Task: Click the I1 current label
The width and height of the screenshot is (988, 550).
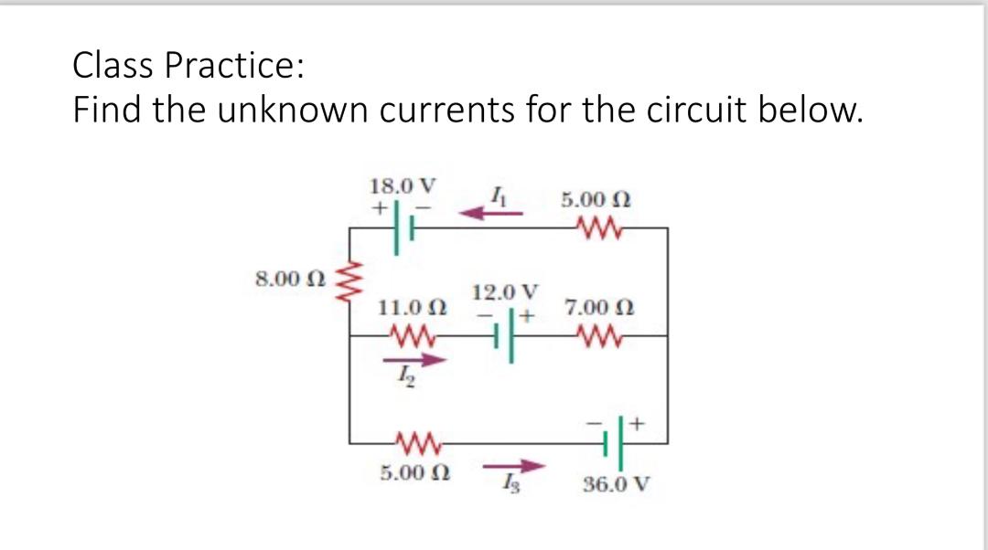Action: [496, 193]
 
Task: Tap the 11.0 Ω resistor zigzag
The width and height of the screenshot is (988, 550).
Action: [409, 336]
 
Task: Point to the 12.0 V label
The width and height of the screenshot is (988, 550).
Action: [505, 292]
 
